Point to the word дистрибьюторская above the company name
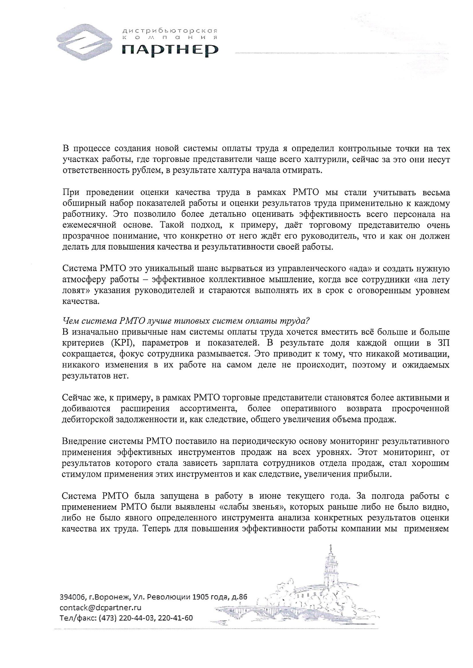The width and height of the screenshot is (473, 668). click(x=170, y=30)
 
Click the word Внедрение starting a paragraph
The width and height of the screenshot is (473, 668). click(x=83, y=441)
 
